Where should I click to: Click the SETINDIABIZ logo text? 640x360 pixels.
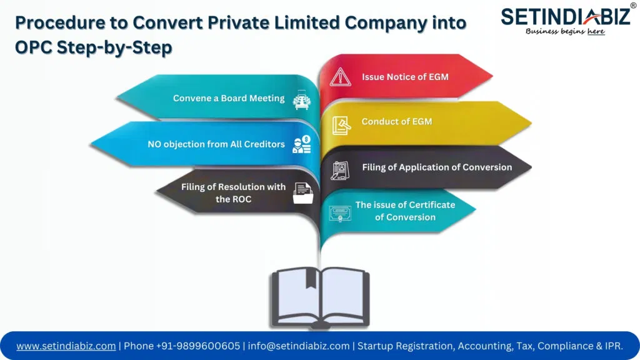(x=565, y=16)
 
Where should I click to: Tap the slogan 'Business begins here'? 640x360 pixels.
(x=565, y=31)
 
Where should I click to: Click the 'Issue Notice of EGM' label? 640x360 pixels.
(x=405, y=77)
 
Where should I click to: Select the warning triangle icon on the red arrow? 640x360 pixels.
(x=341, y=77)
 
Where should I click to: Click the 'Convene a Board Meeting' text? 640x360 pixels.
(x=229, y=98)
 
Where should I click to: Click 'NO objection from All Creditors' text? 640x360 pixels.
(x=216, y=144)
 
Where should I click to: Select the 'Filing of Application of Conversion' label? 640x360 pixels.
(x=437, y=167)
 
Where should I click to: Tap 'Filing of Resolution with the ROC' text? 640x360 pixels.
(x=233, y=192)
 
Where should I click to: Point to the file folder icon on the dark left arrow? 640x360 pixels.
(x=302, y=193)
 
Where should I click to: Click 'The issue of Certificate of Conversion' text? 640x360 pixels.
(x=405, y=211)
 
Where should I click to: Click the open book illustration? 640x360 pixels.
(x=320, y=297)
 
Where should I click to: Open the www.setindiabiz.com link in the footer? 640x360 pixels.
(x=66, y=346)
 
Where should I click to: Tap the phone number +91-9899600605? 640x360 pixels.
(x=182, y=346)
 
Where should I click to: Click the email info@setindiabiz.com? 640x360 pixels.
(x=299, y=346)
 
